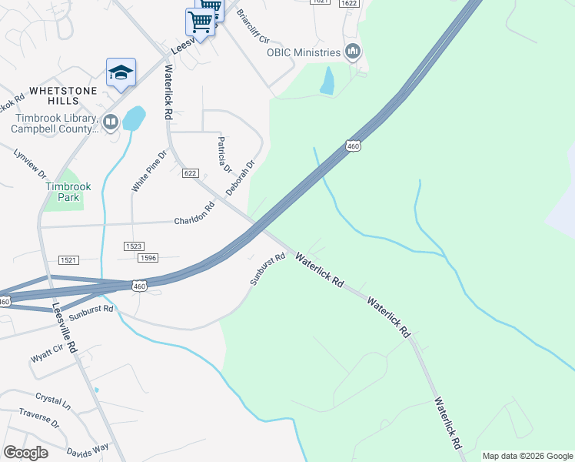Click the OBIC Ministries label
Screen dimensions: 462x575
pyautogui.click(x=303, y=52)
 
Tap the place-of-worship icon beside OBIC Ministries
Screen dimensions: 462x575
pyautogui.click(x=353, y=52)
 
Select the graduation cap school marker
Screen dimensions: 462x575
pyautogui.click(x=121, y=72)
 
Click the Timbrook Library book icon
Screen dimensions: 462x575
pyautogui.click(x=111, y=122)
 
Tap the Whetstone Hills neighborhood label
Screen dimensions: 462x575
pyautogui.click(x=53, y=95)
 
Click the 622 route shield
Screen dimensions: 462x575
pyautogui.click(x=191, y=173)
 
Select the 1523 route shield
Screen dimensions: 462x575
pyautogui.click(x=134, y=246)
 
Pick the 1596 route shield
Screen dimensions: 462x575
pyautogui.click(x=148, y=258)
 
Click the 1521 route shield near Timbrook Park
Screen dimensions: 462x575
pyautogui.click(x=68, y=260)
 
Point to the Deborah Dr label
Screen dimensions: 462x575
pyautogui.click(x=240, y=178)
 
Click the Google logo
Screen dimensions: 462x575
pyautogui.click(x=25, y=453)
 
